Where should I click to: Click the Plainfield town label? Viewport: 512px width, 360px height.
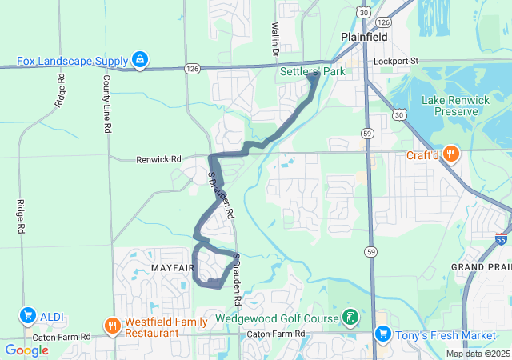point(364,37)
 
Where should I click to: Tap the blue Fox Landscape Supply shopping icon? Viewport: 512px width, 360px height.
point(141,59)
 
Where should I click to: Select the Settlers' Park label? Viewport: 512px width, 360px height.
point(310,72)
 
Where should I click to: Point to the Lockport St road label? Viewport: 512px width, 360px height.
point(401,61)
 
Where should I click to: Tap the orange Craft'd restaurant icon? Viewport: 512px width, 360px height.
point(452,155)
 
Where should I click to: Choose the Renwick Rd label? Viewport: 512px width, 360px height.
point(159,159)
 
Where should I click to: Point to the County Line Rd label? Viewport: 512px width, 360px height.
point(106,104)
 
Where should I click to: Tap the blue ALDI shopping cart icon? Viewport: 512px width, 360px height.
point(29,316)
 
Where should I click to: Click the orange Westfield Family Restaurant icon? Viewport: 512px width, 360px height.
point(112,326)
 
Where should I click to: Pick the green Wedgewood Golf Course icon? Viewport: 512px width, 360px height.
point(350,318)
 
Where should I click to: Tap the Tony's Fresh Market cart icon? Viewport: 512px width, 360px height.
point(383,333)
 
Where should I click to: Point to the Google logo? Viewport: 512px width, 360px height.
point(27,350)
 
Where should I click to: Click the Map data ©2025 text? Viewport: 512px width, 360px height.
point(478,354)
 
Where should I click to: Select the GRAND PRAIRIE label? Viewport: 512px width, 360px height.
point(481,266)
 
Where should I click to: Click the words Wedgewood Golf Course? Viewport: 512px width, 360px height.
point(278,318)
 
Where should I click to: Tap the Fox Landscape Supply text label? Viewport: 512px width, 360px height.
point(74,60)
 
